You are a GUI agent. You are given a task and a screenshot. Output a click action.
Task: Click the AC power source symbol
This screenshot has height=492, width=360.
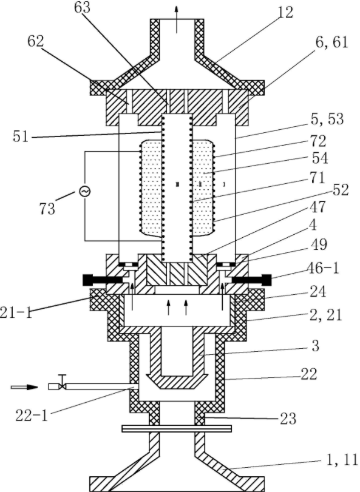coord(85,190)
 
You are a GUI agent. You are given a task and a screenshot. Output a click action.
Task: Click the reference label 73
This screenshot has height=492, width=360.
coord(47,209)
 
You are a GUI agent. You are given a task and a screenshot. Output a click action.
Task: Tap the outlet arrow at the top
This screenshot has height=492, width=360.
coord(177,19)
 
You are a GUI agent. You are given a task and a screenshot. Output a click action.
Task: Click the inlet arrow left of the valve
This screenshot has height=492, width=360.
coord(24,387)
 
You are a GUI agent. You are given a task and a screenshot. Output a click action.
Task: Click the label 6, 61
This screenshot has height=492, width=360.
coord(331,42)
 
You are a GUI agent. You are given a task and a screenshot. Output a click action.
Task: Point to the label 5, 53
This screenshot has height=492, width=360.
coord(327,120)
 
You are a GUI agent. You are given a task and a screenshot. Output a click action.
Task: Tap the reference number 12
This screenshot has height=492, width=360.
coord(285,13)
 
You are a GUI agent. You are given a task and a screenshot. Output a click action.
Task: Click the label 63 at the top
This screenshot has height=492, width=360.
coord(83,7)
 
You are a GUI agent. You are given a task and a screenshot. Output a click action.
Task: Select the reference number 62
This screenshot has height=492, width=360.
coord(36,41)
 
